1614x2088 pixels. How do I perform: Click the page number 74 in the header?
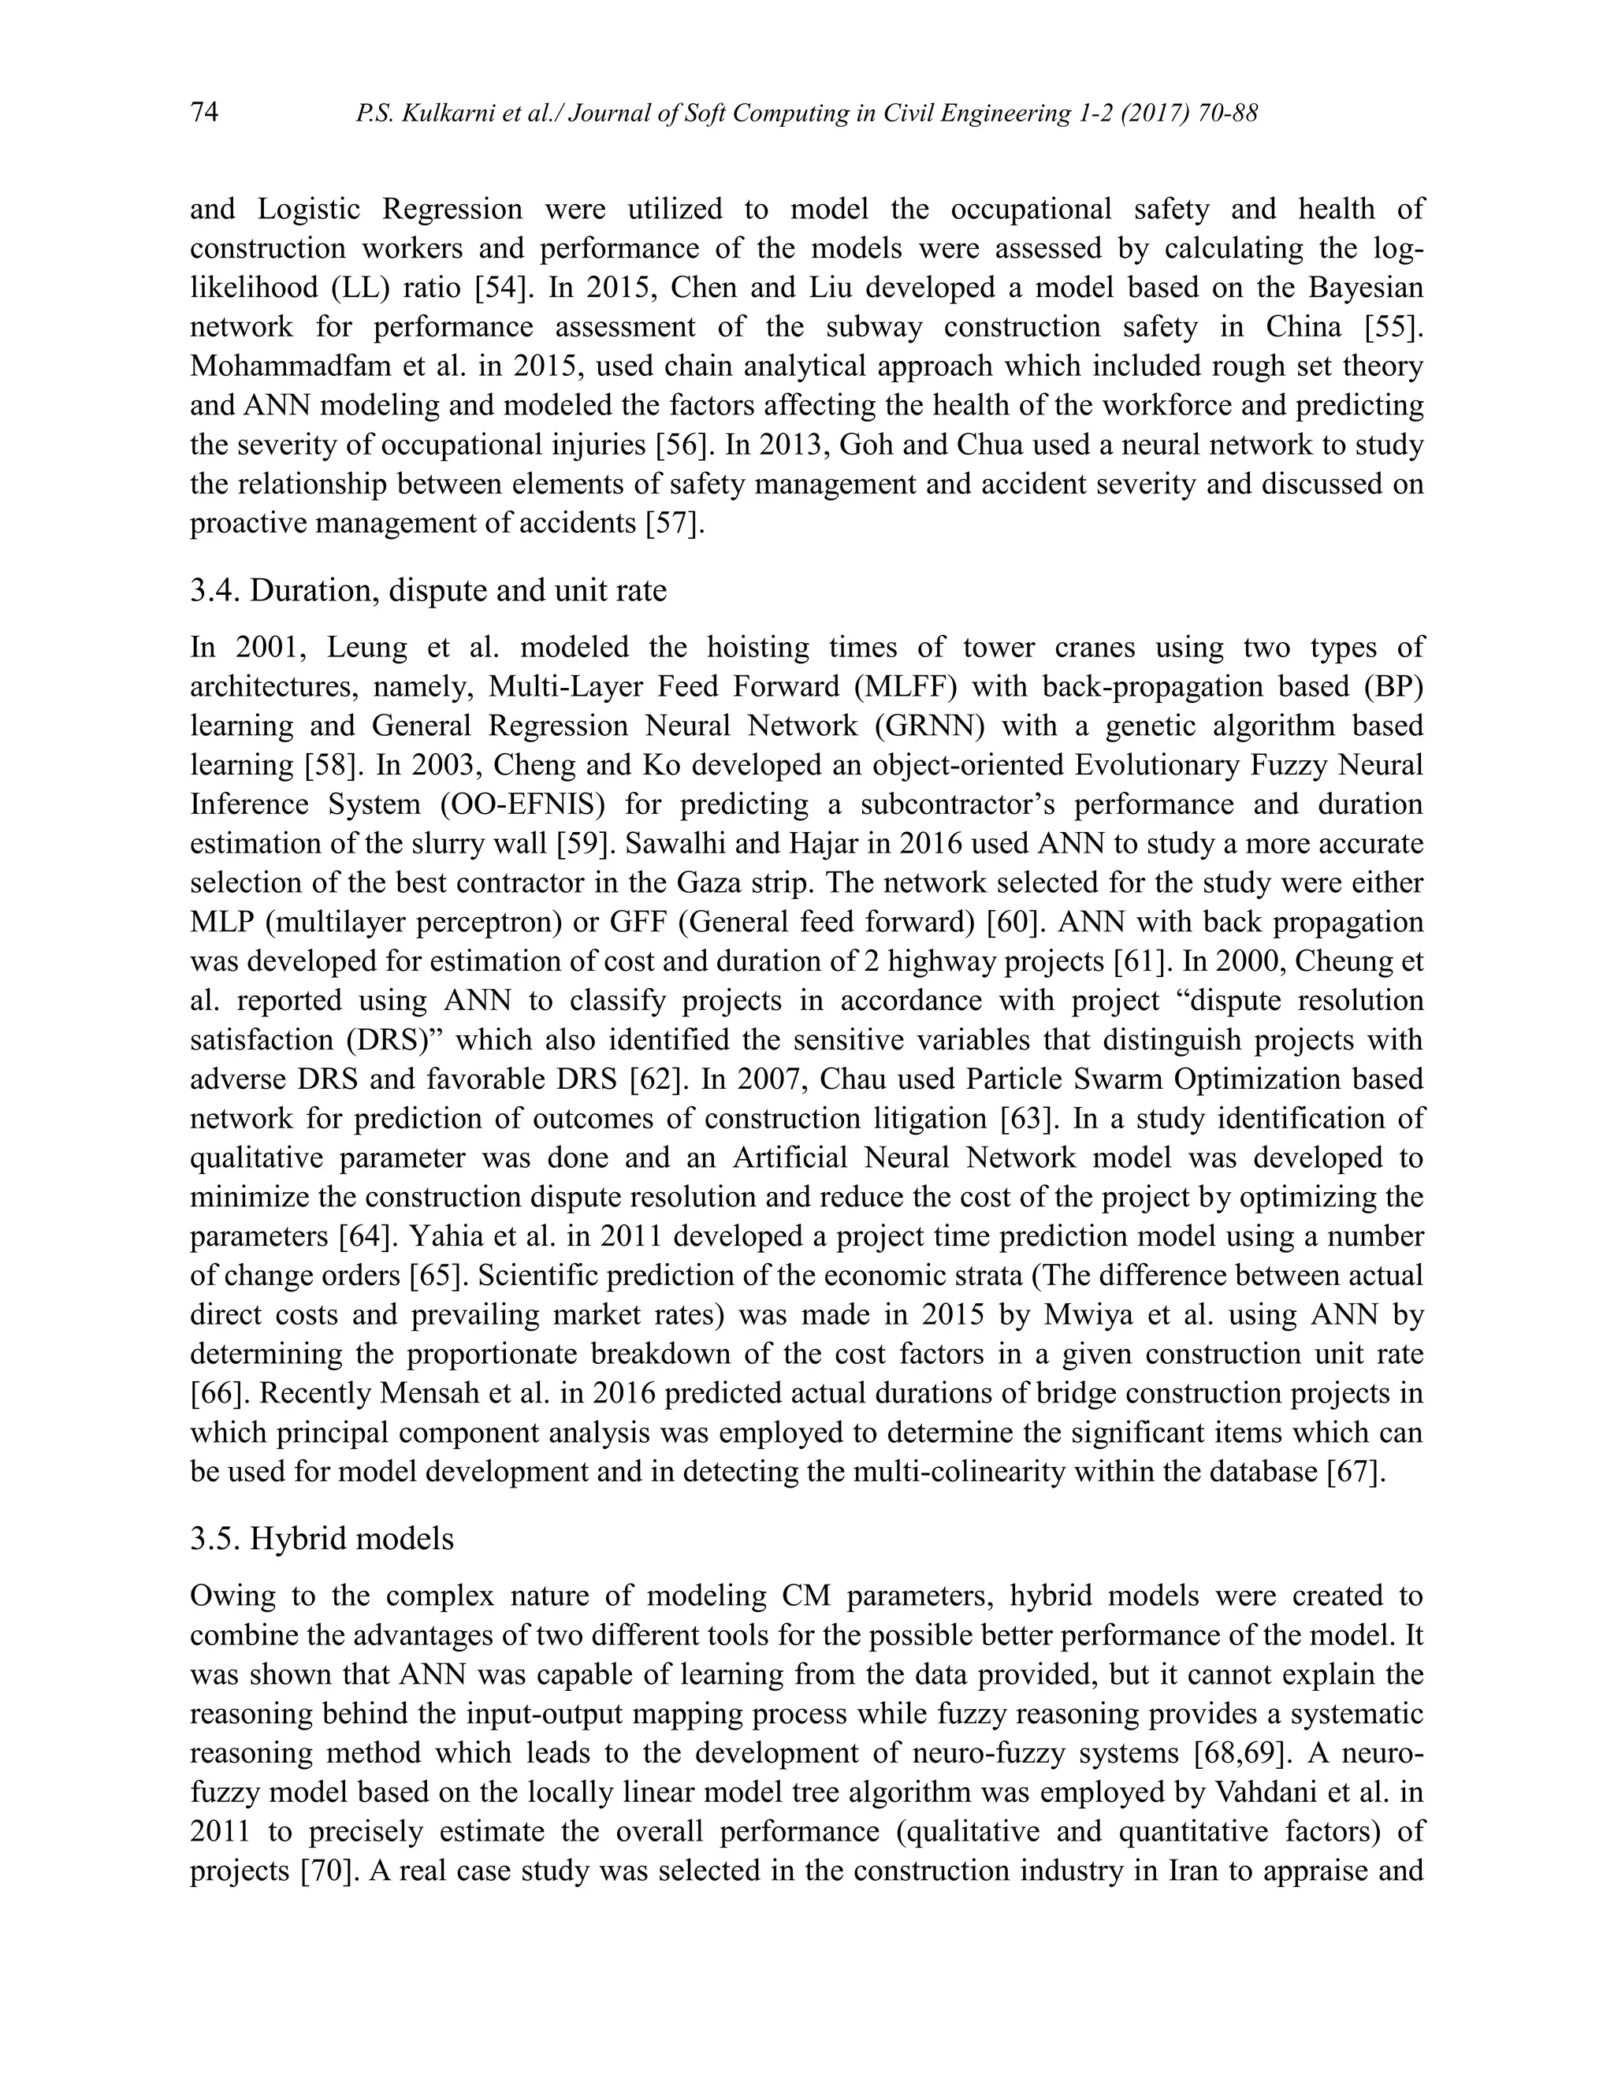coord(205,113)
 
